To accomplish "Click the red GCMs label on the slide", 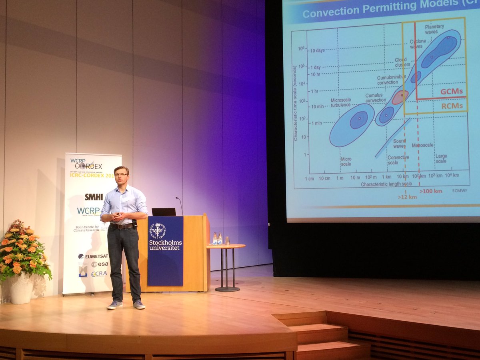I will coord(451,92).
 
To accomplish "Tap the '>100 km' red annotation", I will coord(431,191).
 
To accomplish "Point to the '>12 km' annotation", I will coord(407,197).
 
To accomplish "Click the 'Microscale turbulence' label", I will coord(340,102).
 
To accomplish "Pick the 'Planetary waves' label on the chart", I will coord(434,29).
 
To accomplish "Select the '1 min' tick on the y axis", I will coord(317,123).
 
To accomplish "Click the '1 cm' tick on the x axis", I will coord(310,178).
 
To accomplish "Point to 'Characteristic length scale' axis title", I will coord(386,184).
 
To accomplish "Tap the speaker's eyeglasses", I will coord(121,174).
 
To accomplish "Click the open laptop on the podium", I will coord(164,212).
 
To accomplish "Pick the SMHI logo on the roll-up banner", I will coord(94,197).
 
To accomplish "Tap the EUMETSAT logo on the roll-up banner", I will coord(93,256).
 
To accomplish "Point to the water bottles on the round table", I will coord(217,238).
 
